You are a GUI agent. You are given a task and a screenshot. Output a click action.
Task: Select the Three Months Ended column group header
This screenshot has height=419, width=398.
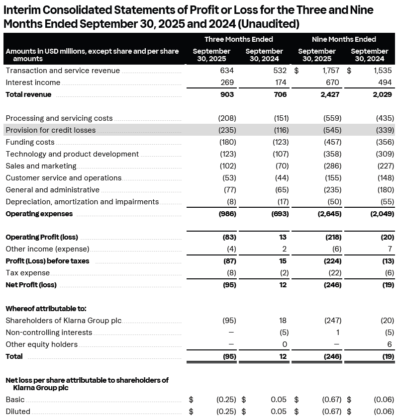238,39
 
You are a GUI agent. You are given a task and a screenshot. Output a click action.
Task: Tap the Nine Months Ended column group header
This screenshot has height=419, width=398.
344,39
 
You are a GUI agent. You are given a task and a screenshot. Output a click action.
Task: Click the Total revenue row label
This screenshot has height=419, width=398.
28,94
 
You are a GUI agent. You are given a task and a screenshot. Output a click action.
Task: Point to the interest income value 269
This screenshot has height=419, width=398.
227,83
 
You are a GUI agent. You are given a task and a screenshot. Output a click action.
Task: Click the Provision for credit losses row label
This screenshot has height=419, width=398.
50,130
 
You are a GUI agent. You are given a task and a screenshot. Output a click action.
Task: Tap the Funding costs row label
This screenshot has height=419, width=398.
30,142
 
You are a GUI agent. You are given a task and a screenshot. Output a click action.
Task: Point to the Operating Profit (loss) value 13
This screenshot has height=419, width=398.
284,237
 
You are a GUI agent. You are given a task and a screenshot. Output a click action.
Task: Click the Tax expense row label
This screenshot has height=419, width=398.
27,273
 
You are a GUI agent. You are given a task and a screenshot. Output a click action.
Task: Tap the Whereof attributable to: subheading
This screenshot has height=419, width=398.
39,309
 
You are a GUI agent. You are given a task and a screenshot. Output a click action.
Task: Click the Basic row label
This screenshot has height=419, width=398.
15,400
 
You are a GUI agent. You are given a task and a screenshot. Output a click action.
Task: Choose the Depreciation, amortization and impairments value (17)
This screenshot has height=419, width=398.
281,202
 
